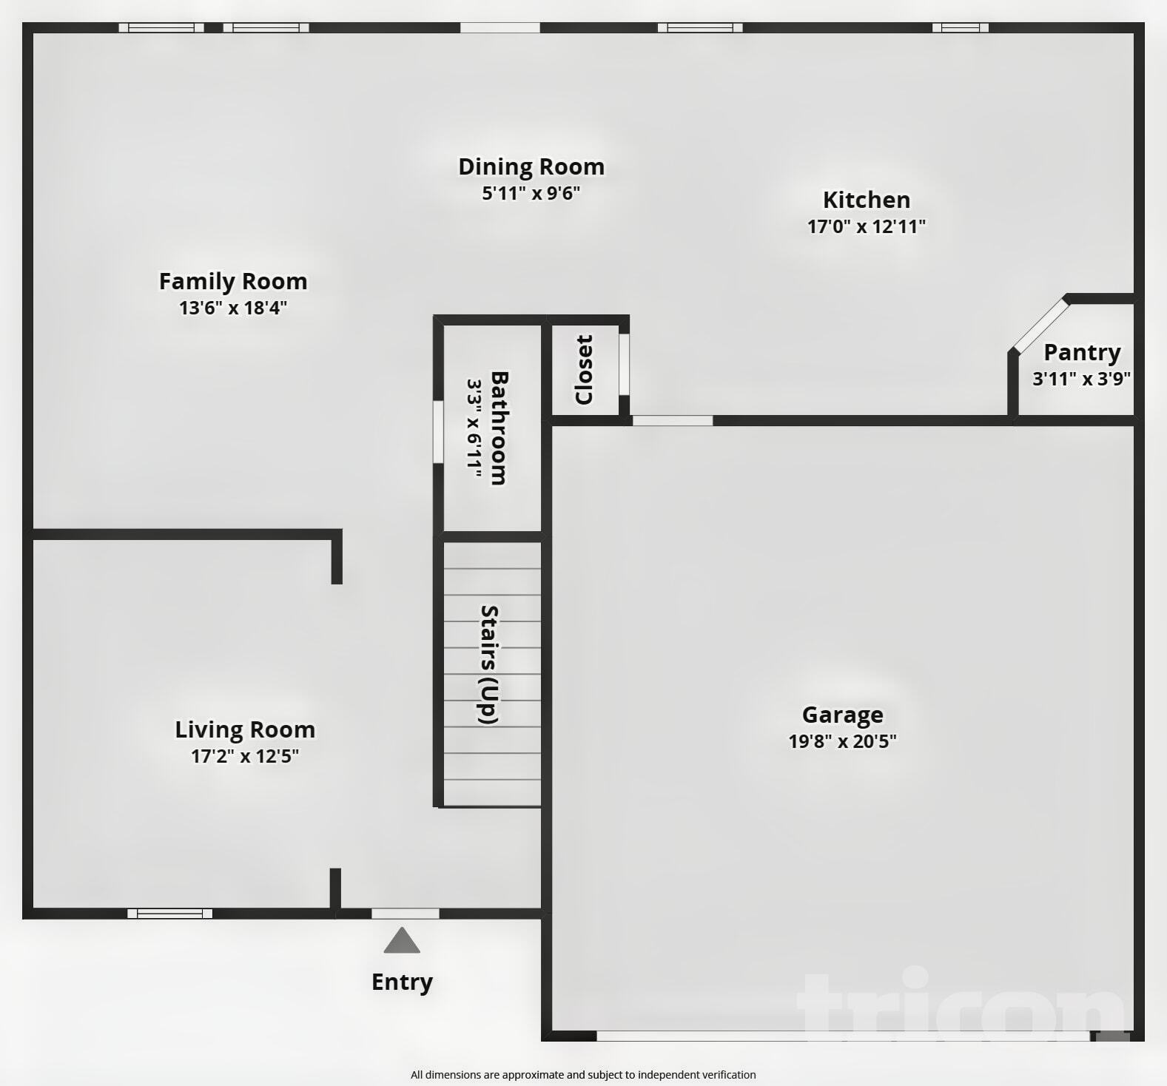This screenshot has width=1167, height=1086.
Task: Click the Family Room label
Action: tap(233, 281)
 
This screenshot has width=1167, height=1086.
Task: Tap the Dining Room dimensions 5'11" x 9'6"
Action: tap(531, 194)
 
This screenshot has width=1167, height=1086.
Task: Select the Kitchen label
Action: tap(867, 200)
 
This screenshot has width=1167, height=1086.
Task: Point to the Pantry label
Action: tap(1082, 352)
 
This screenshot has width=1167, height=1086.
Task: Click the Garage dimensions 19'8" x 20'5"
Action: tap(842, 741)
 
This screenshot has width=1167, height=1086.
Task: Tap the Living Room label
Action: tap(245, 729)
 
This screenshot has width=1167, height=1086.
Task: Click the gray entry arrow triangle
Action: tap(402, 941)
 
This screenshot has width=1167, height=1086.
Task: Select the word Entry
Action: tap(402, 982)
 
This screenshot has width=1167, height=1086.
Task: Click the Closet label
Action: tap(585, 370)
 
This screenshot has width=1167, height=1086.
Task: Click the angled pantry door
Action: tap(1040, 324)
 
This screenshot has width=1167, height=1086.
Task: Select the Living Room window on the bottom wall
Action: tap(169, 914)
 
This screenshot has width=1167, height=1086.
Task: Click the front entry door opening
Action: tap(405, 914)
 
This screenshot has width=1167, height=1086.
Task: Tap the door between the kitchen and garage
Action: tap(673, 421)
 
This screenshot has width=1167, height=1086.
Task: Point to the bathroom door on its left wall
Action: tap(438, 432)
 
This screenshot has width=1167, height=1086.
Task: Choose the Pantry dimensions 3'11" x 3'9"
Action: tap(1082, 379)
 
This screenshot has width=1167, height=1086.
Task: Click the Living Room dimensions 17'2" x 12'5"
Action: tap(245, 756)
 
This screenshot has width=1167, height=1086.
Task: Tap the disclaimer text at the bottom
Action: tap(583, 1075)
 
